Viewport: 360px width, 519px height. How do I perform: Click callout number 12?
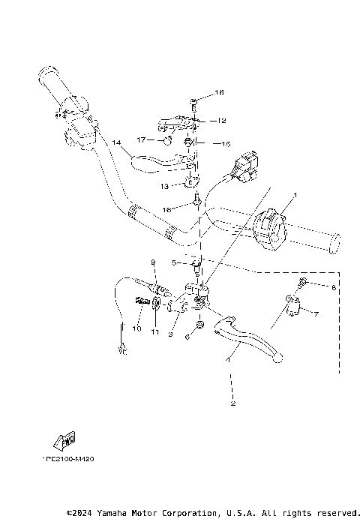pos(222,120)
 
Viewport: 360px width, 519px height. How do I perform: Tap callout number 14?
pos(116,142)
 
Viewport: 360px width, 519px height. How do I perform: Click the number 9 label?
pos(152,262)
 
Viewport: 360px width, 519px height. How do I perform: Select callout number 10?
pos(137,328)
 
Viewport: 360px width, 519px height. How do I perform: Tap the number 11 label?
pos(155,331)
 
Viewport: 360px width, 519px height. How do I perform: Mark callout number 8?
pos(334,287)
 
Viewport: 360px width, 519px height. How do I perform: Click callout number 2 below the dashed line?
pos(233,404)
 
